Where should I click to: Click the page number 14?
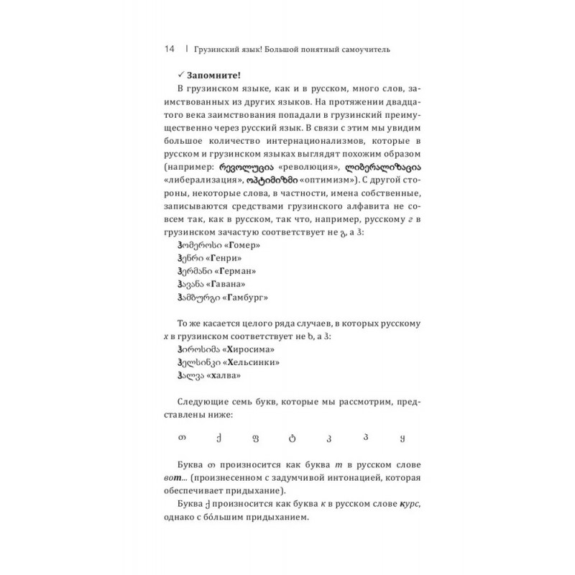click(170, 49)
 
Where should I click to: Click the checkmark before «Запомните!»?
click(180, 73)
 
